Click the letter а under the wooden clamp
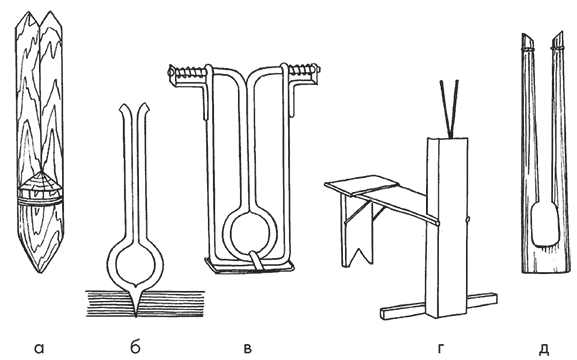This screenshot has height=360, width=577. [39, 348]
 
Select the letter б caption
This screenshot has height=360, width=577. [135, 346]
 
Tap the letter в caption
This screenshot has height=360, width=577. [248, 348]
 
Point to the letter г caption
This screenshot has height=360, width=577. [441, 348]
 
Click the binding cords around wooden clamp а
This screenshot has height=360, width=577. [39, 200]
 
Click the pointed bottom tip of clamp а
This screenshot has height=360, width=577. [40, 272]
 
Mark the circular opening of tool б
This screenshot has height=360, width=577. [135, 264]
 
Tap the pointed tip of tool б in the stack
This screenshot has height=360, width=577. [136, 316]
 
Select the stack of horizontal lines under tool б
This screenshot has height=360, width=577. [145, 304]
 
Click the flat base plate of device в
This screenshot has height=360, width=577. [249, 266]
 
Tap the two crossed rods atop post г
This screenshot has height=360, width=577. [449, 109]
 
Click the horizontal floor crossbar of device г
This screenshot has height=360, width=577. [438, 306]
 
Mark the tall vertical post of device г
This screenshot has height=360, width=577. [447, 227]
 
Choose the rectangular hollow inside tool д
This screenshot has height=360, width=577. [546, 225]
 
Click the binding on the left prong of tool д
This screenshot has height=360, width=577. [528, 49]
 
